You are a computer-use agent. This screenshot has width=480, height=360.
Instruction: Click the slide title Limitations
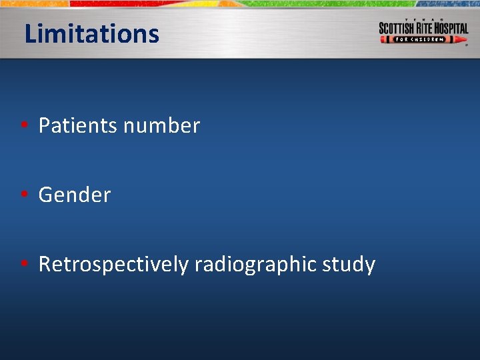pos(91,33)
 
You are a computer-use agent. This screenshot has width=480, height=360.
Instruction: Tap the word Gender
pos(75,195)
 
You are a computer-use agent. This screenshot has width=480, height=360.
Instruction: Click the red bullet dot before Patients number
pos(23,126)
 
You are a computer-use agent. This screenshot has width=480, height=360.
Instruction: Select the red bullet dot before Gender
pos(23,195)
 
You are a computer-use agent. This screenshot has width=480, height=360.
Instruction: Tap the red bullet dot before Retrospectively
pos(23,265)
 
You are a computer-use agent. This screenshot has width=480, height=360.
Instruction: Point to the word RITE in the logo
pos(427,29)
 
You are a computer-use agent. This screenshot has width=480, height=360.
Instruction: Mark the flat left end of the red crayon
pos(381,39)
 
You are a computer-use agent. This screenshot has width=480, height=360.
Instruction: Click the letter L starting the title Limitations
pos(29,33)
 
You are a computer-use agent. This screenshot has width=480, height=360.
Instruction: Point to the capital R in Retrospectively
pos(45,265)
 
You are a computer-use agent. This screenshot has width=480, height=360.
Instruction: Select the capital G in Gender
pos(46,195)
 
